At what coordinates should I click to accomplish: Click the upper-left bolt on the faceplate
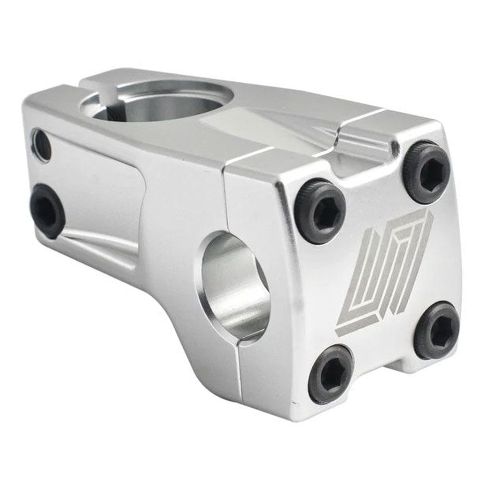click(320, 211)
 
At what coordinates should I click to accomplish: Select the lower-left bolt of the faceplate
click(330, 374)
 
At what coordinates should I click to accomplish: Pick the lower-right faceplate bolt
click(437, 331)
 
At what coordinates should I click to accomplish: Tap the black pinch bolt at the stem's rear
click(47, 210)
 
